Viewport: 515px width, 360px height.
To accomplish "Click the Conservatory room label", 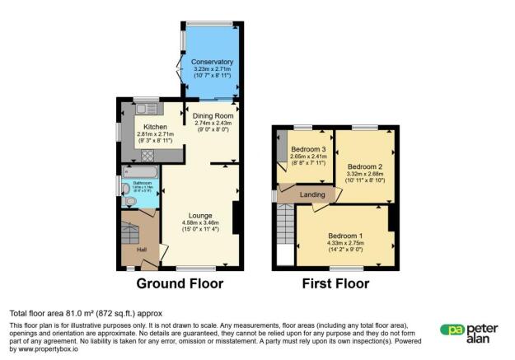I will pos(213,63).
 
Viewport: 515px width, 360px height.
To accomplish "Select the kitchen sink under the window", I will pos(146,108).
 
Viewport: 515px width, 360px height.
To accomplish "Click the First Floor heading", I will pos(335,284).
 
